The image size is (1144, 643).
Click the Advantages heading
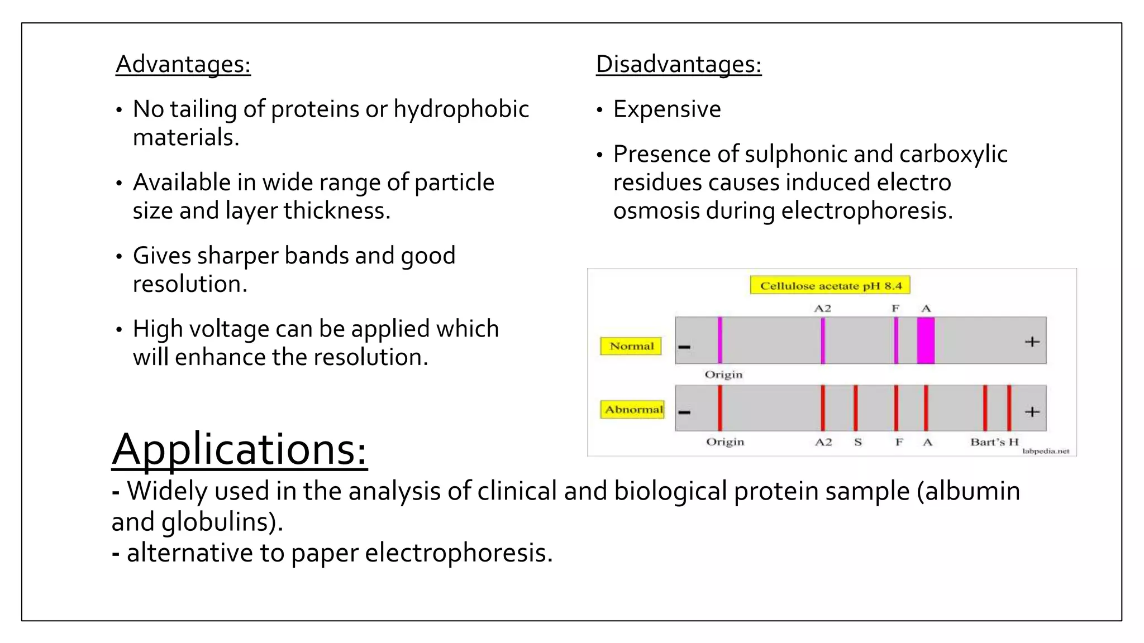(183, 64)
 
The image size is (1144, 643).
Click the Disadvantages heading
(678, 64)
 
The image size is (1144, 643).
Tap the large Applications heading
(240, 449)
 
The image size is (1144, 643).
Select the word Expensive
(667, 109)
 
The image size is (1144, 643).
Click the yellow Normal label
(631, 346)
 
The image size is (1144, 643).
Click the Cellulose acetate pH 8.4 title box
(830, 286)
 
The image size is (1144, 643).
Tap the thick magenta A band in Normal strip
(926, 340)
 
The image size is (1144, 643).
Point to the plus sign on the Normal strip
(1032, 342)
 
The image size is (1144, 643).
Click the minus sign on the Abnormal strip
(684, 412)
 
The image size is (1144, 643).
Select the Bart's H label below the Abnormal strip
(994, 442)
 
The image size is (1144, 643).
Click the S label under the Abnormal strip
(858, 442)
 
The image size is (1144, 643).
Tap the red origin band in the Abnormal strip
(720, 408)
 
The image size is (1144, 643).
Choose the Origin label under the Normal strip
(723, 375)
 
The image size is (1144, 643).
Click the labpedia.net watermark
(1045, 451)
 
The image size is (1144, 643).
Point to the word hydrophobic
(461, 109)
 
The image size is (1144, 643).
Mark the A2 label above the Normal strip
(822, 308)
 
